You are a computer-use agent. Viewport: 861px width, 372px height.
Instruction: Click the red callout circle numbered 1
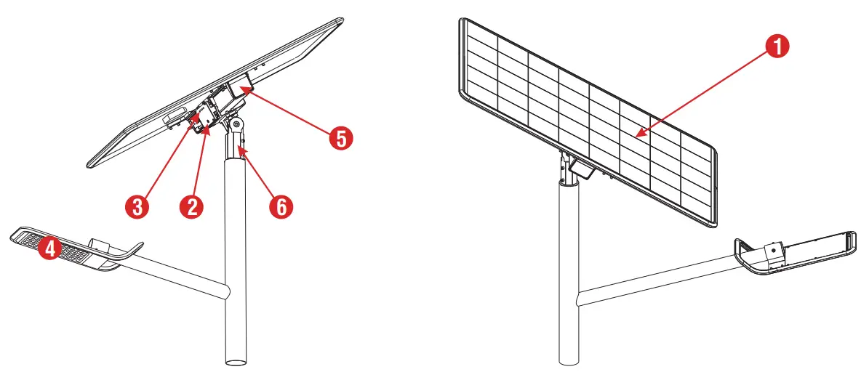tap(777, 47)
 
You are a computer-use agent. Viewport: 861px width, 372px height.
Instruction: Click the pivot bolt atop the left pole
tap(236, 124)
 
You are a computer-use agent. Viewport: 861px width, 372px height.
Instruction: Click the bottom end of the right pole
tap(569, 359)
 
